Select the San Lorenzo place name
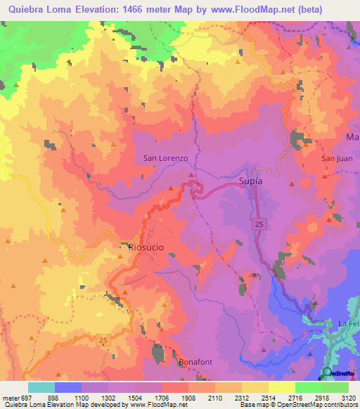(165, 159)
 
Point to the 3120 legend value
(348, 396)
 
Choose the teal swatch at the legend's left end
(41, 387)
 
